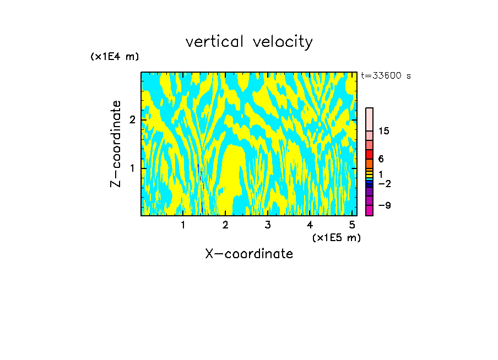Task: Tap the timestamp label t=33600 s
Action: pyautogui.click(x=386, y=76)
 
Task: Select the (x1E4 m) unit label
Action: pyautogui.click(x=115, y=57)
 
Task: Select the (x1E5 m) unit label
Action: pyautogui.click(x=336, y=237)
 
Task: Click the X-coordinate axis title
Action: pyautogui.click(x=249, y=254)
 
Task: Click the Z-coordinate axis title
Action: pyautogui.click(x=116, y=144)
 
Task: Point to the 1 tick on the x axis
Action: pyautogui.click(x=183, y=225)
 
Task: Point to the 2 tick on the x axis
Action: pyautogui.click(x=225, y=225)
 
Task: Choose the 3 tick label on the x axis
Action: pyautogui.click(x=267, y=225)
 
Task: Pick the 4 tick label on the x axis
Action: pyautogui.click(x=310, y=225)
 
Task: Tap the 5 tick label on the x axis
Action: pyautogui.click(x=352, y=225)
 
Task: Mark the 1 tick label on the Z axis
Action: pyautogui.click(x=132, y=168)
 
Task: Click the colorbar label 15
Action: pyautogui.click(x=384, y=131)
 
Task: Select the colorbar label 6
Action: pyautogui.click(x=381, y=159)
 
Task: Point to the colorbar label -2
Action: pyautogui.click(x=384, y=183)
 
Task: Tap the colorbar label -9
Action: pyautogui.click(x=384, y=205)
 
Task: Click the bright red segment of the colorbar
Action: pyautogui.click(x=370, y=154)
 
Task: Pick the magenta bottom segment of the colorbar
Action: pyautogui.click(x=370, y=210)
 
